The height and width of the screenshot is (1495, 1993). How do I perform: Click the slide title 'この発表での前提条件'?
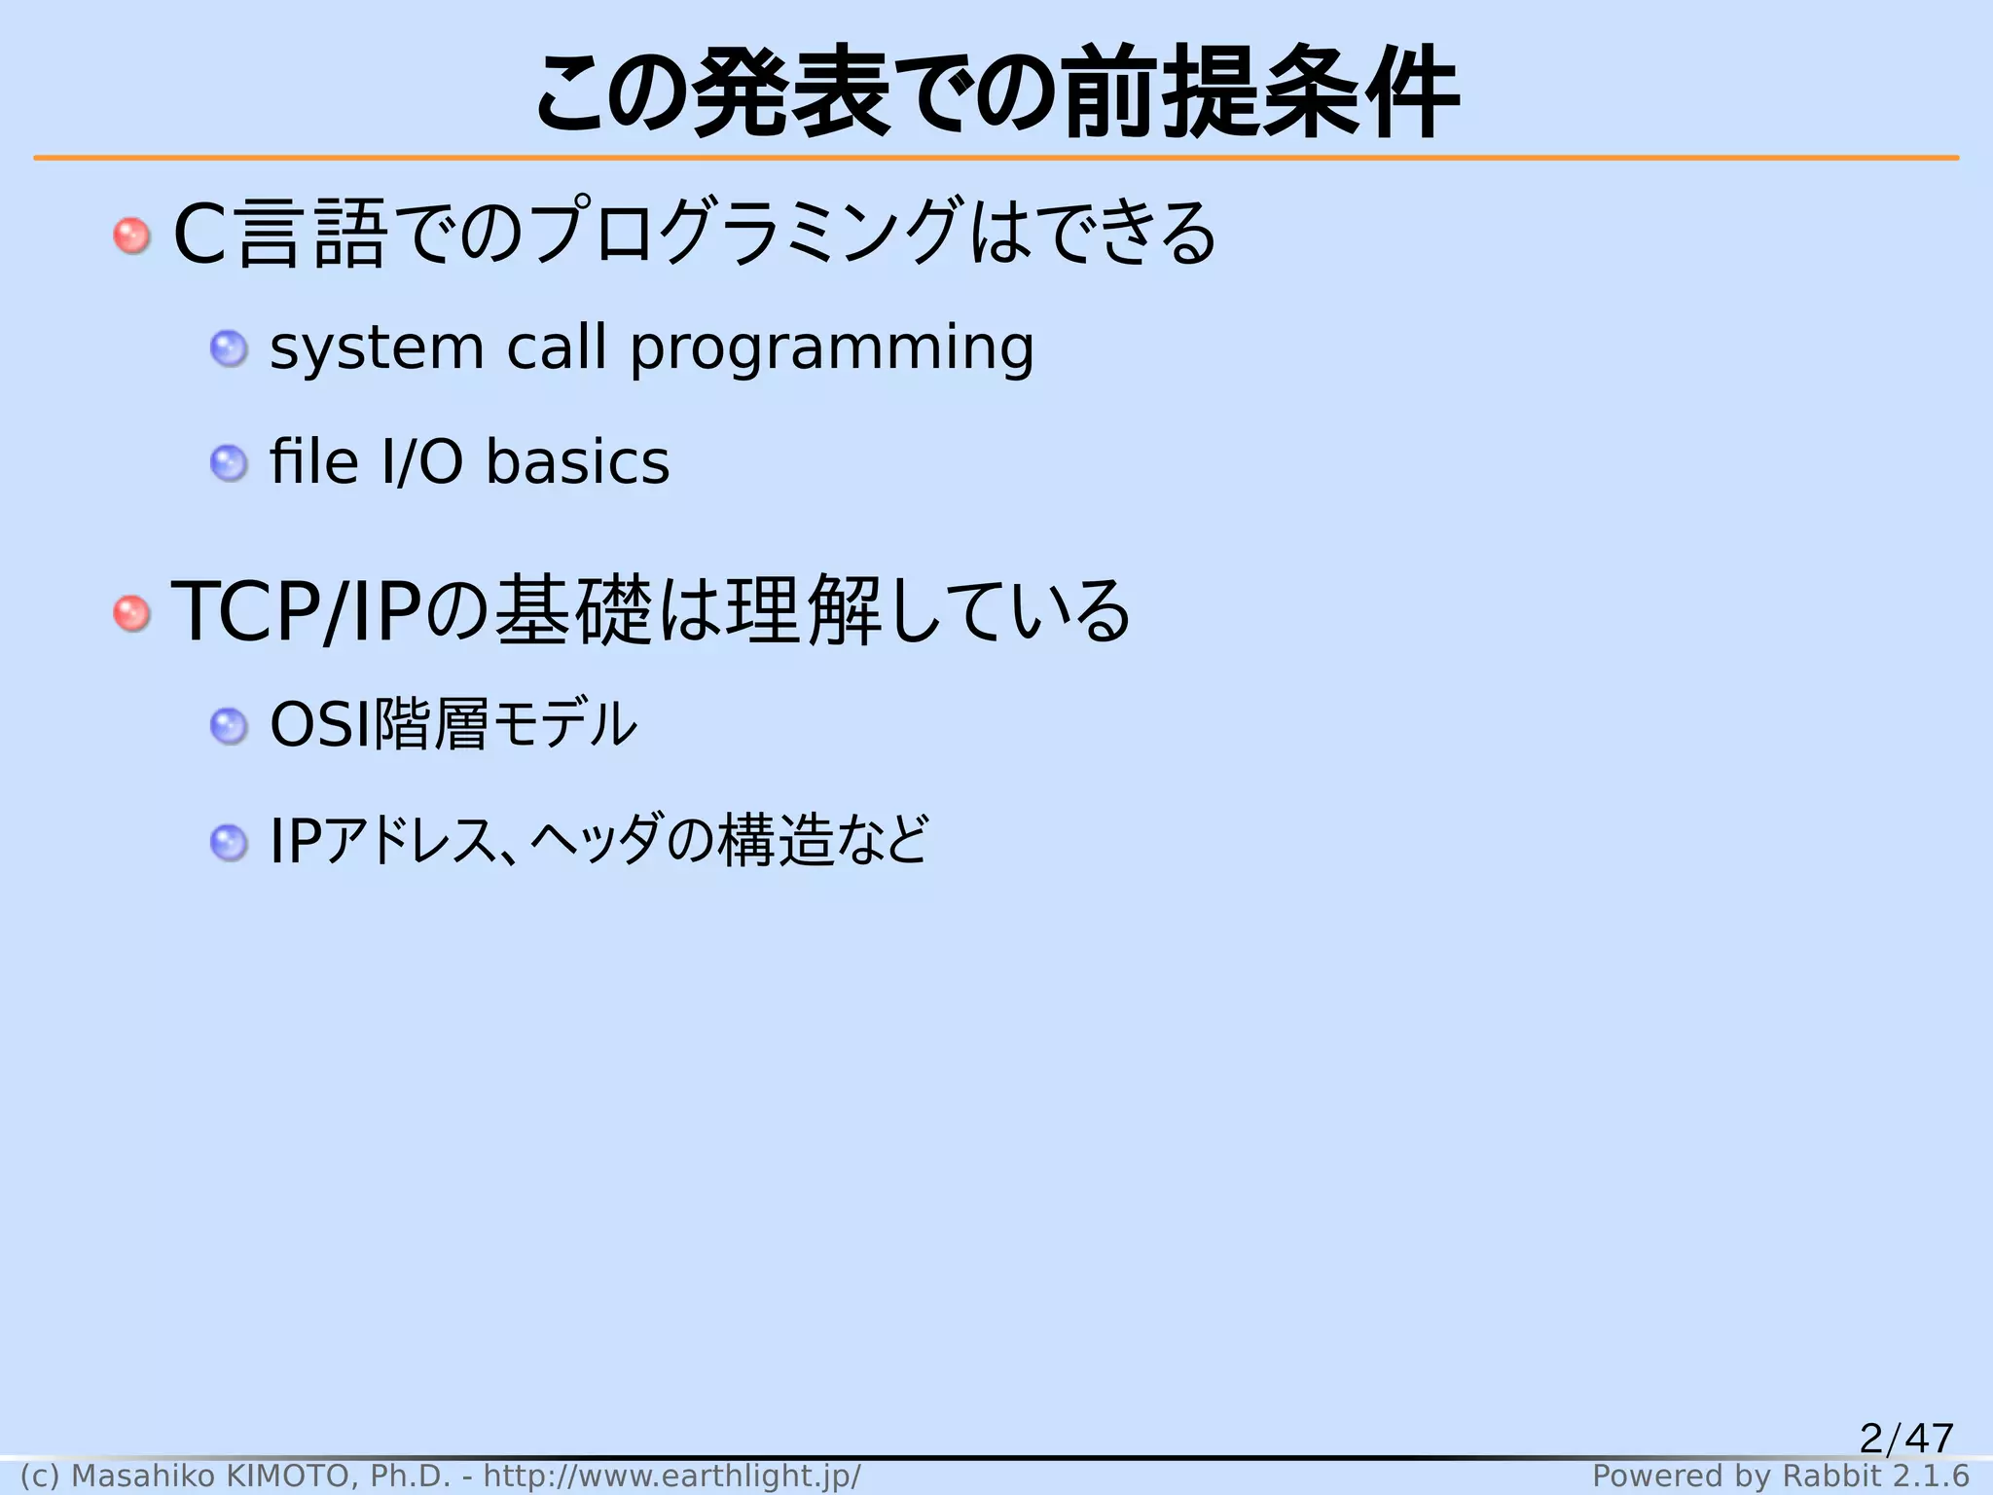(996, 93)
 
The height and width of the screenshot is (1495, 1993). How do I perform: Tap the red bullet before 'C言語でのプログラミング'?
(131, 236)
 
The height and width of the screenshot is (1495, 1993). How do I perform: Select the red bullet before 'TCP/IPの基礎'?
(131, 613)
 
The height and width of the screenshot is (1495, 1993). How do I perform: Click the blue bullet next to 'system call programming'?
(229, 348)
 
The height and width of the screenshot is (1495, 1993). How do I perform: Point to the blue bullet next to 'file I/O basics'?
(229, 463)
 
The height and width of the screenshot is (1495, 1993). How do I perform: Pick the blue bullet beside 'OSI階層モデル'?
(229, 726)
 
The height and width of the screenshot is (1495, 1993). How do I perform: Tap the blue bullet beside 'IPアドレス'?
(229, 842)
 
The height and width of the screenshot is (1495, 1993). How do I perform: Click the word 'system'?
(376, 348)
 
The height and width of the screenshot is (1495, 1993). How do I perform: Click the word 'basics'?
(577, 462)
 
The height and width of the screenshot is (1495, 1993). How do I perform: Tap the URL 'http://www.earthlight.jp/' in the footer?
(671, 1477)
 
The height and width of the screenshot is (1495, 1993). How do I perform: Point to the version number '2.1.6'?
(1931, 1477)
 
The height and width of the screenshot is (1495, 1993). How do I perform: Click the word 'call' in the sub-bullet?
(557, 348)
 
